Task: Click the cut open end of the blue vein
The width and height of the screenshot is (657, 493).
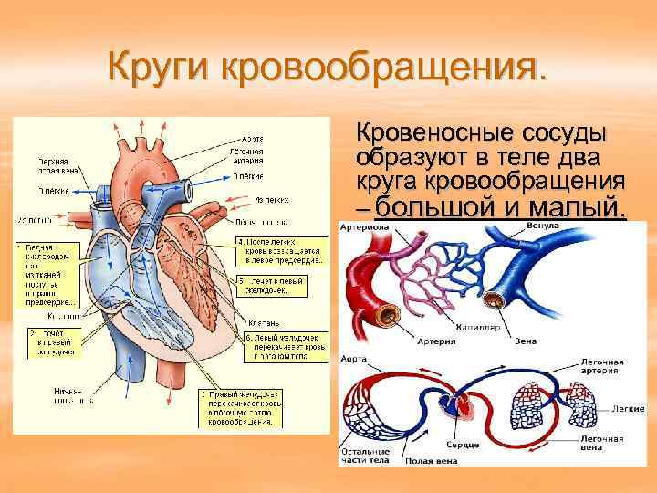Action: pos(496,299)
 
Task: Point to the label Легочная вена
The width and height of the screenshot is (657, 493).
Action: pos(601,443)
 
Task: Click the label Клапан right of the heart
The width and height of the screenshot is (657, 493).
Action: pos(264,322)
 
